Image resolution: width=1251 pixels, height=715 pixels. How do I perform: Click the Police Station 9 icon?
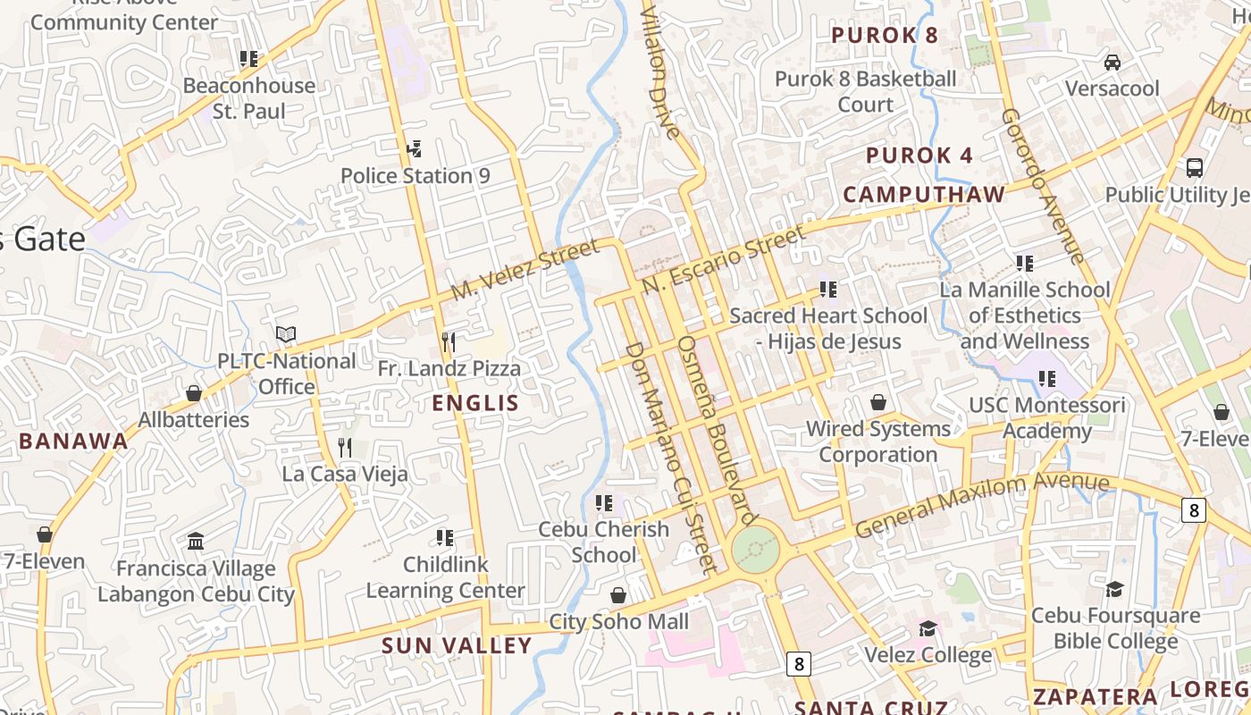[414, 148]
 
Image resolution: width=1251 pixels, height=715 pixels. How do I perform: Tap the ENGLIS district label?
[475, 403]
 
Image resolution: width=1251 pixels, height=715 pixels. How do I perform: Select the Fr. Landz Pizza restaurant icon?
[449, 341]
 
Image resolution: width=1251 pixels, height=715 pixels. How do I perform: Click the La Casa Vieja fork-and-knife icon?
[345, 447]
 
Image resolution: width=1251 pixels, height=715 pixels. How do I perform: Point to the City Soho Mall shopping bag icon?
[618, 595]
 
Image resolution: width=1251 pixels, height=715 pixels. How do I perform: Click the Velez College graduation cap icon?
[928, 628]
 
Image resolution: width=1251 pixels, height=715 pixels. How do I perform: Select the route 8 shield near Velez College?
[799, 664]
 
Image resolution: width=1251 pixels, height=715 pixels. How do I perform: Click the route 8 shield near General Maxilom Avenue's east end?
[1193, 510]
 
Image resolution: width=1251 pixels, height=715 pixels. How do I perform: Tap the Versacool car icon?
[1112, 62]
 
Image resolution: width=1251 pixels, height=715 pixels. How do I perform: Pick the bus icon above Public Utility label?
[1195, 167]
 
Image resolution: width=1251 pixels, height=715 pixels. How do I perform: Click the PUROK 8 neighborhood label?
[885, 36]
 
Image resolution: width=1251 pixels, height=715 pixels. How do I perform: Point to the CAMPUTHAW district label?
[924, 194]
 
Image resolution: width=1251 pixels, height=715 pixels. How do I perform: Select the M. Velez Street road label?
[524, 271]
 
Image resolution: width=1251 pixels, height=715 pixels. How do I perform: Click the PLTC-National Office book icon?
[286, 334]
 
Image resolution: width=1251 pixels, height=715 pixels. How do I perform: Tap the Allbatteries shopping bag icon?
[194, 393]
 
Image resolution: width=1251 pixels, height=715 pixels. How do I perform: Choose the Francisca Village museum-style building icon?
[196, 542]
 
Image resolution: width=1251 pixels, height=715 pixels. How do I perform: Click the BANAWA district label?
[73, 441]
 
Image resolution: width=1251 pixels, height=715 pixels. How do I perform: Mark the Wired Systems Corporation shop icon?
[878, 402]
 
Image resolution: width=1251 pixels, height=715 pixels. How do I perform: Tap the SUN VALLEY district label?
[457, 645]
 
